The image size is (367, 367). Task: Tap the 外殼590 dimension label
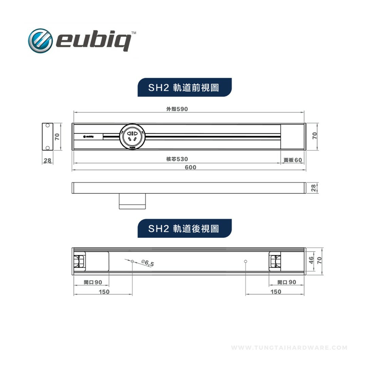tap(177, 109)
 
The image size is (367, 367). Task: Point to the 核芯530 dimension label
tap(177, 159)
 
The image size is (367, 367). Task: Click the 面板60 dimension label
tap(293, 160)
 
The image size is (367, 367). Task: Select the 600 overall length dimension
tap(190, 167)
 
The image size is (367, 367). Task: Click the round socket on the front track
tap(132, 137)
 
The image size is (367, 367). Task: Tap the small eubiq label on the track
tap(88, 136)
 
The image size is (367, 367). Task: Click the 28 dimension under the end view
tap(47, 160)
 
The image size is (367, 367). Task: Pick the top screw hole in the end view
tap(48, 126)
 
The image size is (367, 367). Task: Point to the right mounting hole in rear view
tap(246, 261)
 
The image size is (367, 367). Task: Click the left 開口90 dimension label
tap(93, 282)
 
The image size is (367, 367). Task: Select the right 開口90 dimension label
tap(286, 282)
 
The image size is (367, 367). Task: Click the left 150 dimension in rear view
tap(104, 292)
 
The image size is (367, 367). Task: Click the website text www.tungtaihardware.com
tap(289, 348)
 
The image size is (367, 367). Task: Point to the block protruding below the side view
tap(132, 201)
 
